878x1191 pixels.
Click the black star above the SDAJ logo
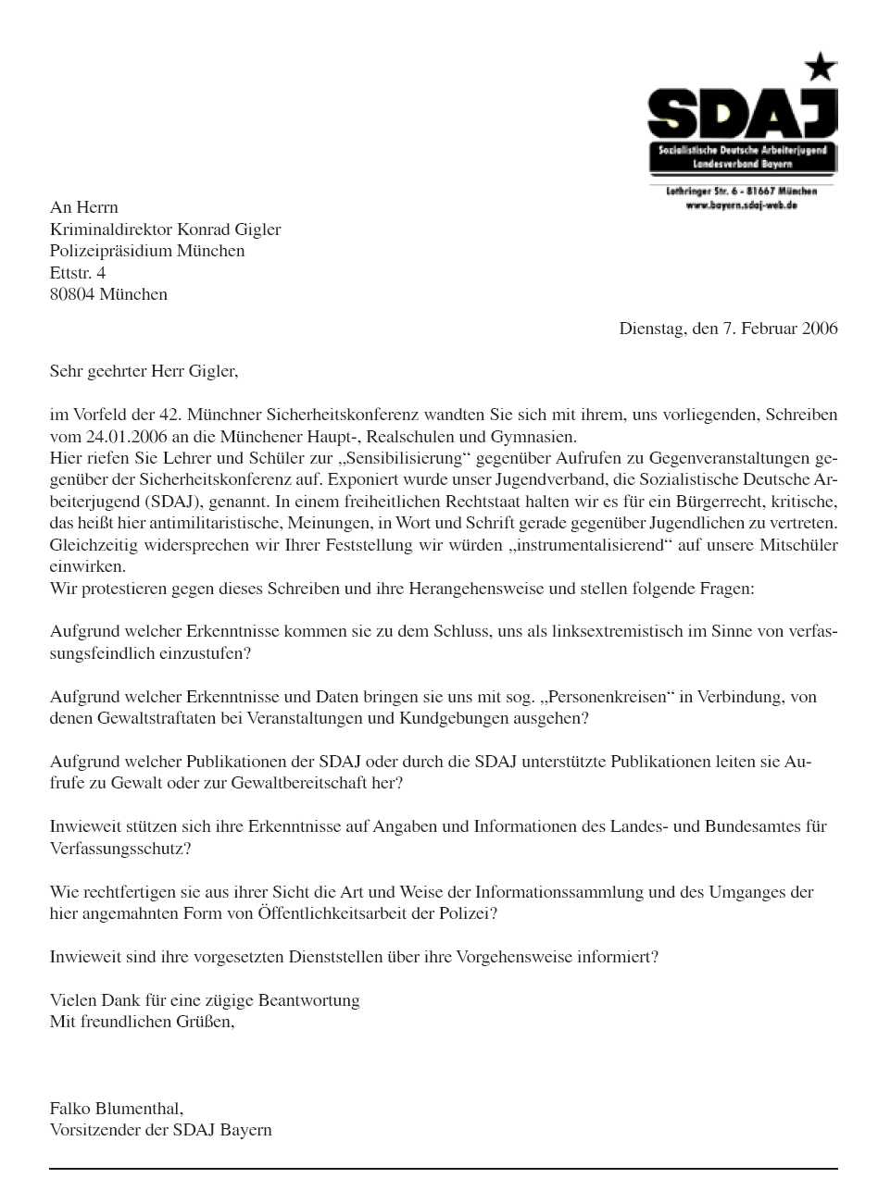click(820, 67)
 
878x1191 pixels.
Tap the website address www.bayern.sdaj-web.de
click(741, 205)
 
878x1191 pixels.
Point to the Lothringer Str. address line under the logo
click(741, 192)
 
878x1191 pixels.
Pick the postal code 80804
click(72, 294)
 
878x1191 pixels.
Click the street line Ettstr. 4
click(78, 273)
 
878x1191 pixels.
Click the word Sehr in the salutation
click(65, 372)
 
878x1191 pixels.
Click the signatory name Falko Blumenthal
click(116, 1108)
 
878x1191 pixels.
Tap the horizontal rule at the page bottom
click(443, 1169)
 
